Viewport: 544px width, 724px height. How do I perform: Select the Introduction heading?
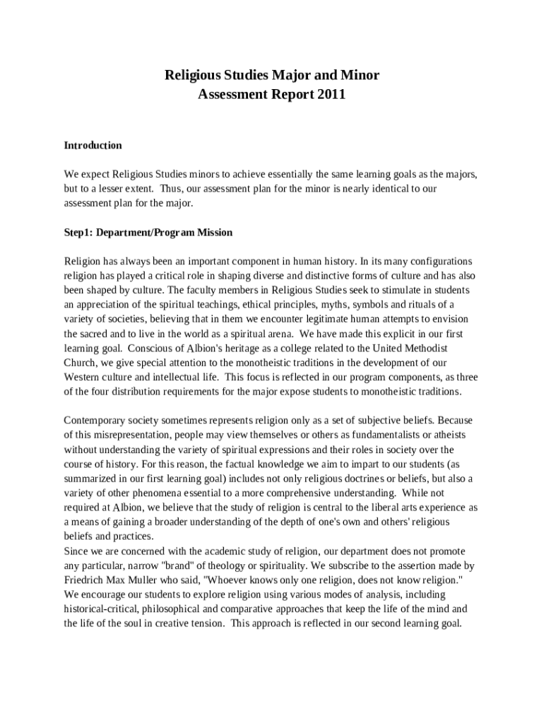[93, 145]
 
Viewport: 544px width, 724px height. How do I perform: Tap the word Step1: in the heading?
[78, 232]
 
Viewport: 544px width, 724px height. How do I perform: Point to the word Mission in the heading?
[214, 232]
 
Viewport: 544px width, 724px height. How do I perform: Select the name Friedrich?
[85, 580]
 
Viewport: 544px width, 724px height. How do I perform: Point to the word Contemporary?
[95, 420]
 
